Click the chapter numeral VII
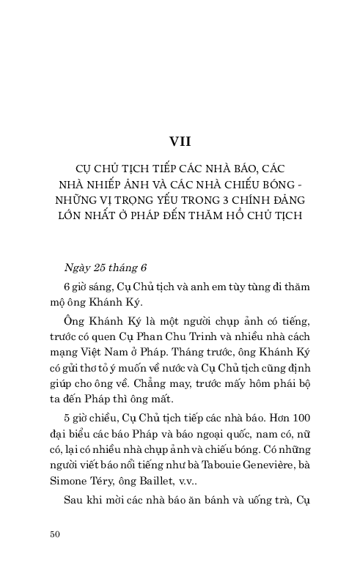click(180, 141)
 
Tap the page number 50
click(54, 534)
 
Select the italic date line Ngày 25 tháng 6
click(106, 268)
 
